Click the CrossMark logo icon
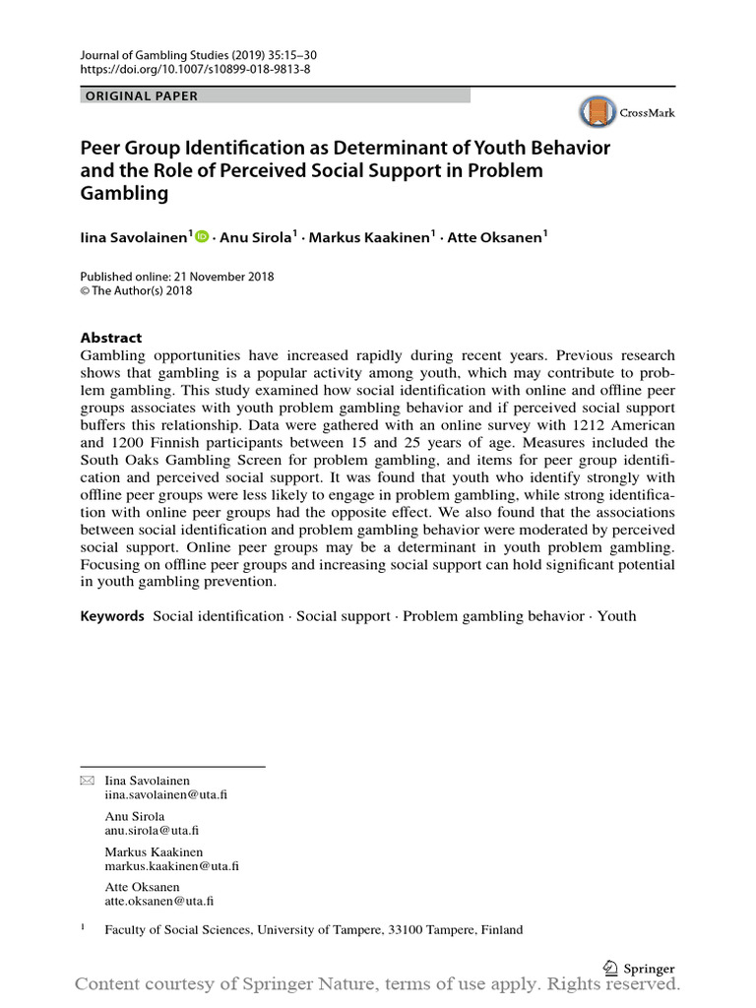pos(597,112)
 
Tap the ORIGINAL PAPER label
pos(143,95)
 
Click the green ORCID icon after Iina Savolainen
pos(203,236)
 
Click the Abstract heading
pos(111,337)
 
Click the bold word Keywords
pos(112,616)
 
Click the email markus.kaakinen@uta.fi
pos(172,865)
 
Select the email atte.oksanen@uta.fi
pos(160,901)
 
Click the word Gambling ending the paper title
pos(124,193)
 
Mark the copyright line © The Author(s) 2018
pos(136,291)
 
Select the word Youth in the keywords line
pos(616,616)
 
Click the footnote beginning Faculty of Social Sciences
pos(314,929)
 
